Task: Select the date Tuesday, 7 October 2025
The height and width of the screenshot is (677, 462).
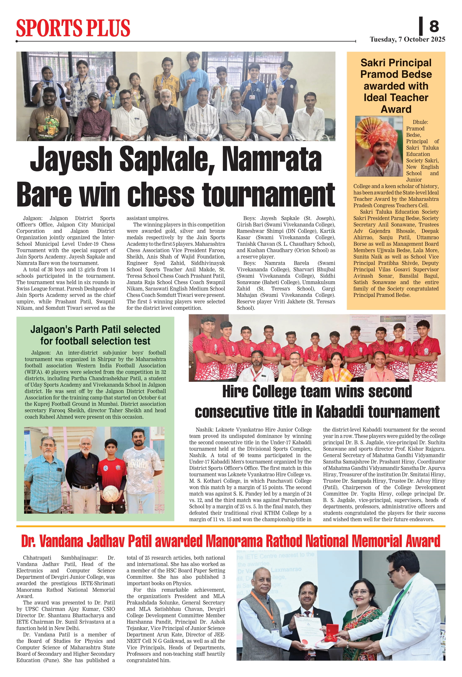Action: click(407, 40)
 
